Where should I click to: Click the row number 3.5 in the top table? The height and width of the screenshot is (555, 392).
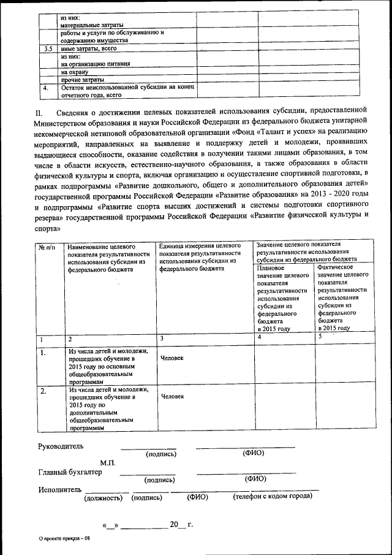pos(48,48)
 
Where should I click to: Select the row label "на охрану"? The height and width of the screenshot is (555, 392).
pos(75,72)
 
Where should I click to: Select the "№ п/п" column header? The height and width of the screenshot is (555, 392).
pos(47,247)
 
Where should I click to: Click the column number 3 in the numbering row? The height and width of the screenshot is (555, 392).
pos(161,338)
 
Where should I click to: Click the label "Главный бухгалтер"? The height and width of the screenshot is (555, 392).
pos(69,472)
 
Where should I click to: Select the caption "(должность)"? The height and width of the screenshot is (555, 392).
pos(104,499)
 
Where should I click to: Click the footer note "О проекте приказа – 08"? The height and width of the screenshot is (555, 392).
pos(64,538)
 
